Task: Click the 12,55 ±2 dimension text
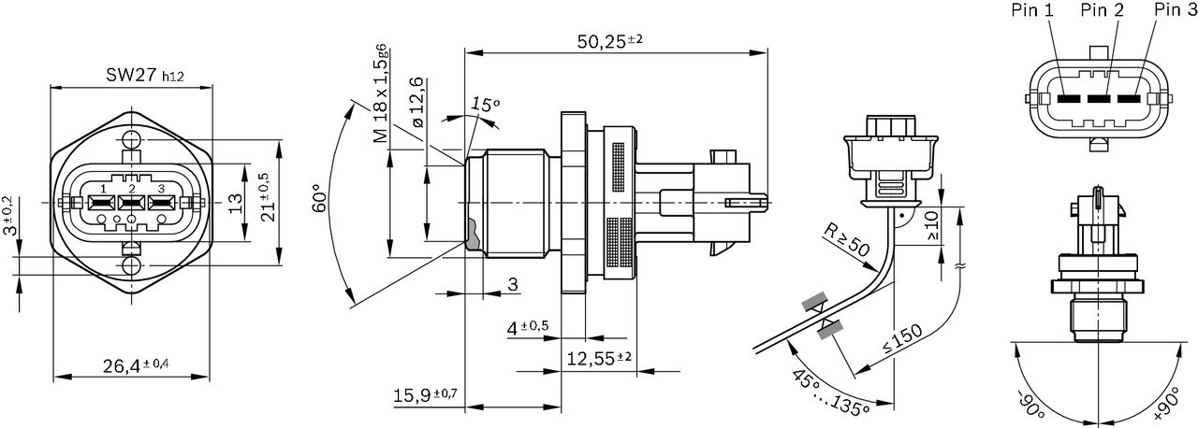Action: coord(599,357)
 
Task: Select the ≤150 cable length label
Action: coord(902,342)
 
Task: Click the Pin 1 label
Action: coord(1035,11)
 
